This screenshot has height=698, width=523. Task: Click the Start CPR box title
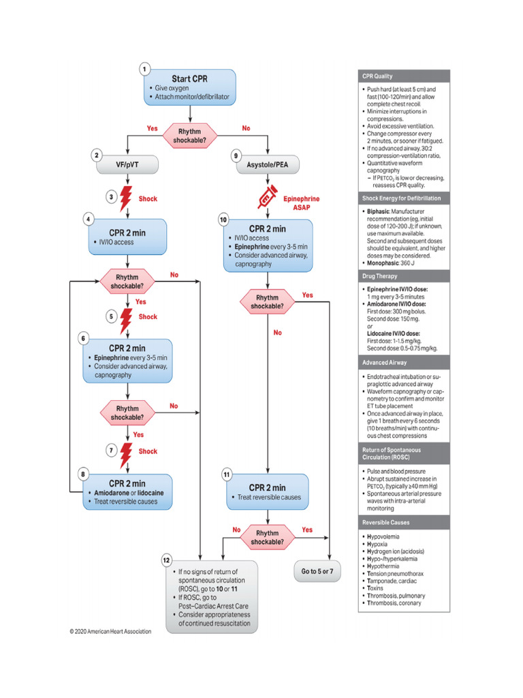[x=189, y=78]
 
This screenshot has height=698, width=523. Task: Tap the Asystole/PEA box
[x=268, y=164]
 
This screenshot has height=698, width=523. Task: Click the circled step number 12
[x=166, y=560]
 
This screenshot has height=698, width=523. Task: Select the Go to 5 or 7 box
[x=317, y=570]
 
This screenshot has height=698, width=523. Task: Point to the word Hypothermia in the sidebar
[x=387, y=565]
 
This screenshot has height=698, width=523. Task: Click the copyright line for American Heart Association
[x=110, y=631]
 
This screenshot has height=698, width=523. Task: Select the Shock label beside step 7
[x=148, y=451]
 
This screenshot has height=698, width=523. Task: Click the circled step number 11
[x=226, y=474]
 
